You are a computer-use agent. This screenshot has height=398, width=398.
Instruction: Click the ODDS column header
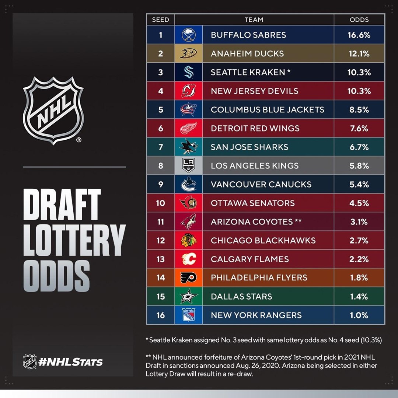pyautogui.click(x=359, y=20)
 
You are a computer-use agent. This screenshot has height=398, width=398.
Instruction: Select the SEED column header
pyautogui.click(x=160, y=20)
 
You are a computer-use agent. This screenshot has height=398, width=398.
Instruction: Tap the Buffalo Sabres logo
pyautogui.click(x=188, y=35)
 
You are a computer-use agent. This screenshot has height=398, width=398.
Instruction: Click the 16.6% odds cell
pyautogui.click(x=359, y=35)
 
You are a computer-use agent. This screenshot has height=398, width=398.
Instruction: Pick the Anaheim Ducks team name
pyautogui.click(x=247, y=53)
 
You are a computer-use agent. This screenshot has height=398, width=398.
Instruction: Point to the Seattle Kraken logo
pyautogui.click(x=188, y=72)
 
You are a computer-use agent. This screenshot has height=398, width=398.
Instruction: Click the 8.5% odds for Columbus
pyautogui.click(x=359, y=109)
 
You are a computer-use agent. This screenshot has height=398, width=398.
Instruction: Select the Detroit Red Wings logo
pyautogui.click(x=188, y=128)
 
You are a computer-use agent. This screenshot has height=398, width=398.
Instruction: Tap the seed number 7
pyautogui.click(x=160, y=147)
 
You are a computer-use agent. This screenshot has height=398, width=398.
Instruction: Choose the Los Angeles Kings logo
pyautogui.click(x=188, y=165)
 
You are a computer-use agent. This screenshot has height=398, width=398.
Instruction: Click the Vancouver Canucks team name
pyautogui.click(x=261, y=184)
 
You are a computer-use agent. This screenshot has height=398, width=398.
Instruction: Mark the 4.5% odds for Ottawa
pyautogui.click(x=359, y=203)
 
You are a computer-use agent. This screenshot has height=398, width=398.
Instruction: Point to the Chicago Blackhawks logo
pyautogui.click(x=188, y=240)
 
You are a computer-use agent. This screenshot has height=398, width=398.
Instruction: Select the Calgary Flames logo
pyautogui.click(x=188, y=259)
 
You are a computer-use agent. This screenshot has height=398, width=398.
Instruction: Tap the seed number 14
pyautogui.click(x=160, y=277)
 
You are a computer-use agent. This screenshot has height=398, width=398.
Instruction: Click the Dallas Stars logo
pyautogui.click(x=188, y=296)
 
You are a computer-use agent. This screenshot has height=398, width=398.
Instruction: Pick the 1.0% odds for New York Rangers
pyautogui.click(x=359, y=315)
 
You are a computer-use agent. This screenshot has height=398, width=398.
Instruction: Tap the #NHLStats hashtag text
pyautogui.click(x=70, y=362)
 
